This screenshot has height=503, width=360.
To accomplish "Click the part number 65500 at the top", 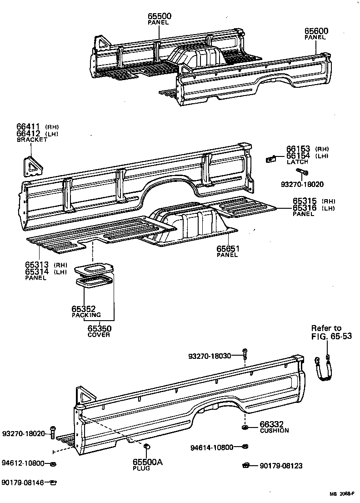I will point(159,16).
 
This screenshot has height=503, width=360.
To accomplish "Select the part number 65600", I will point(316,31).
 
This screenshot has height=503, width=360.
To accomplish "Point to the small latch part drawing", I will point(271,159).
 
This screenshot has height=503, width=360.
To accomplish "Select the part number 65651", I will point(228,249).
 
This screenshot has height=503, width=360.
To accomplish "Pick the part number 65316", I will point(304,208).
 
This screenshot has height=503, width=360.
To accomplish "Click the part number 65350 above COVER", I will point(100,328).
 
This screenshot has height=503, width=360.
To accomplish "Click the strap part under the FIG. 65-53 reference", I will point(325,368).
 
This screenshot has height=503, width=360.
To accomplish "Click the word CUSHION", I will point(274,430).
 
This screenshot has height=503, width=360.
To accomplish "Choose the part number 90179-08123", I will point(281,466).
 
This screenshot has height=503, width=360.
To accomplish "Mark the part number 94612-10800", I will point(23,463).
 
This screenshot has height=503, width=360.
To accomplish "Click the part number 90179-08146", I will point(23,483).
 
